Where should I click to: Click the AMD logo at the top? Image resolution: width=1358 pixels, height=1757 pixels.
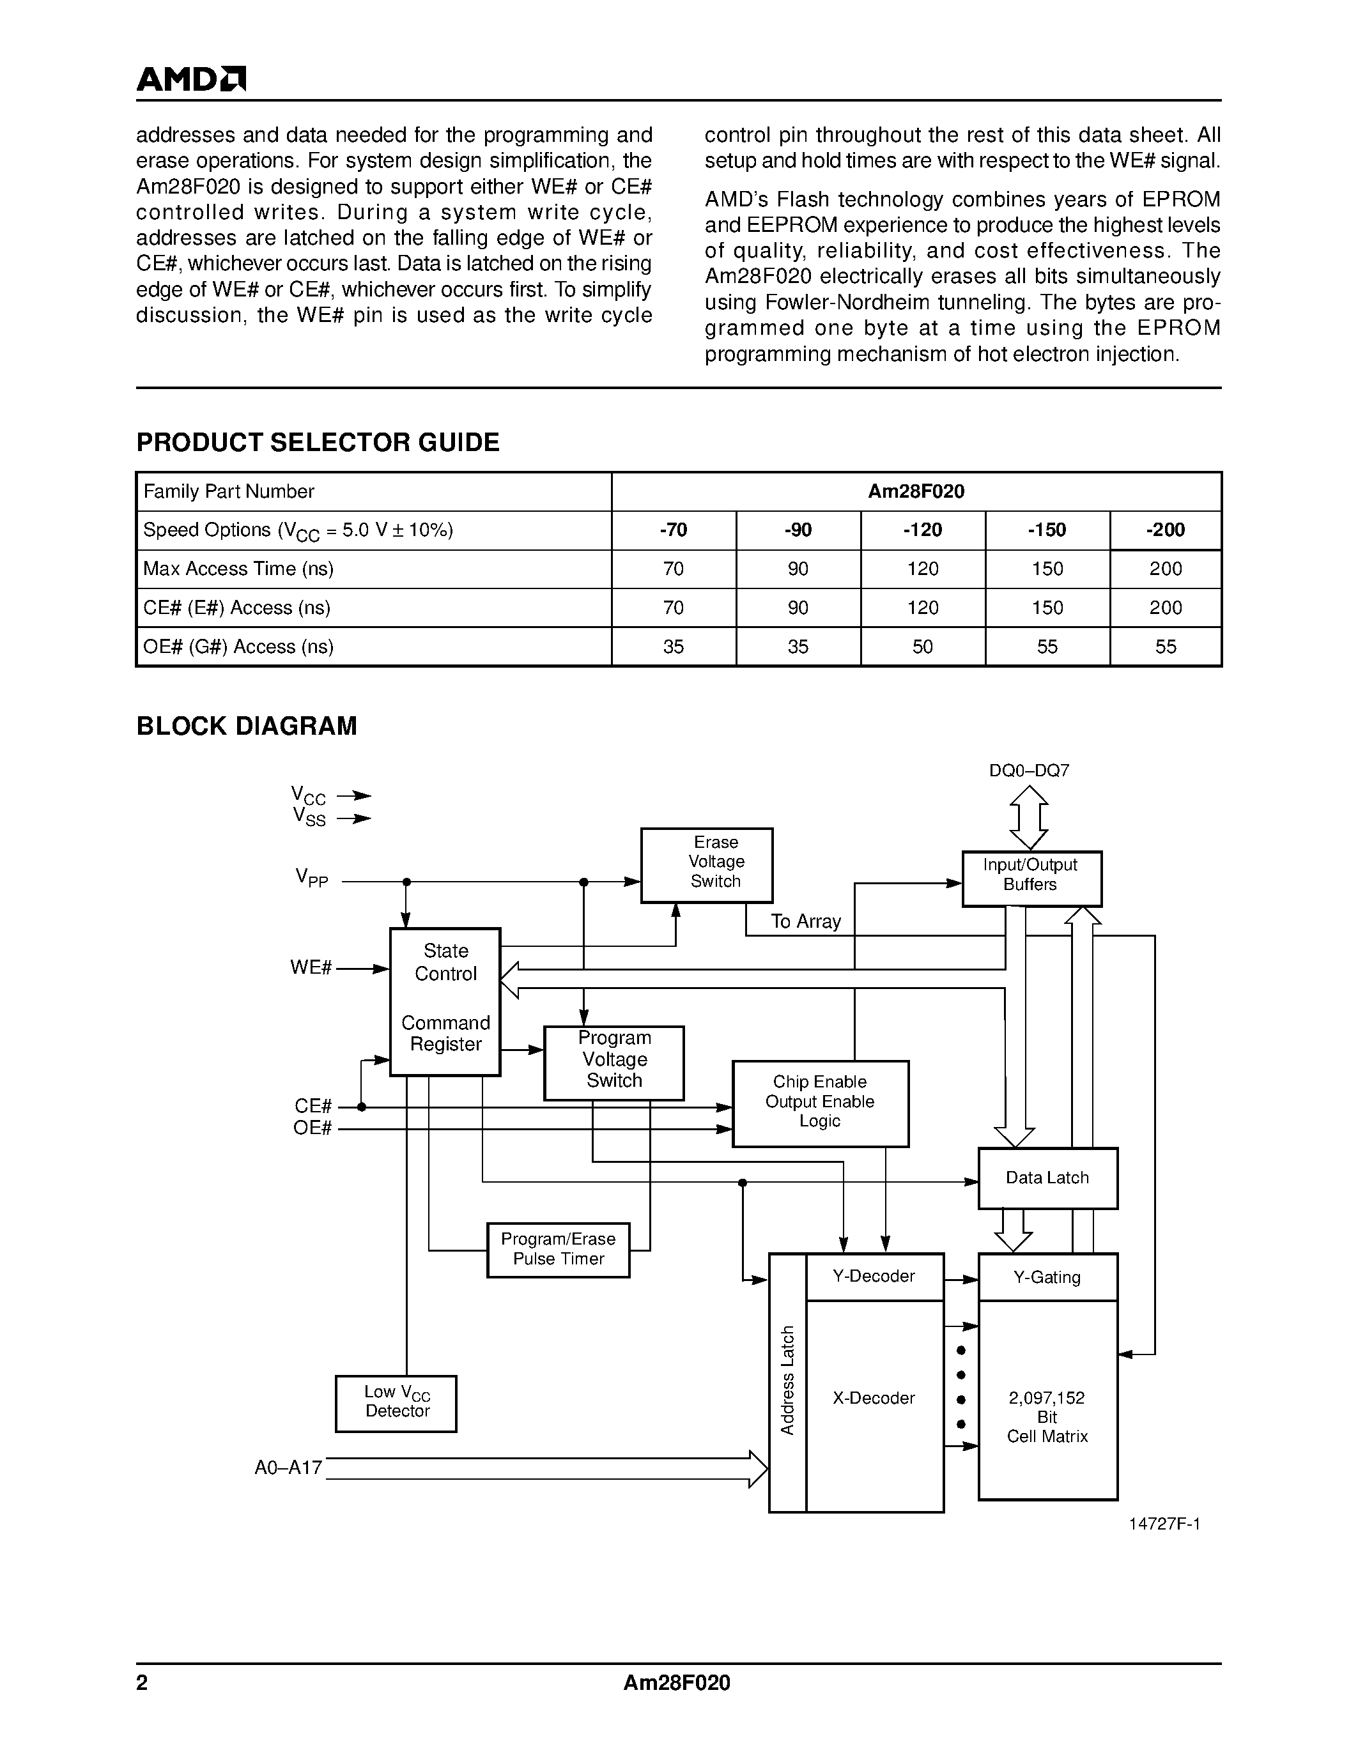pyautogui.click(x=190, y=79)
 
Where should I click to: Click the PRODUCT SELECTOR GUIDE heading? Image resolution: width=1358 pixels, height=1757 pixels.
pyautogui.click(x=318, y=443)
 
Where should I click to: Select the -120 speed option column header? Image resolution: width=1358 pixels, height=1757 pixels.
pyautogui.click(x=922, y=530)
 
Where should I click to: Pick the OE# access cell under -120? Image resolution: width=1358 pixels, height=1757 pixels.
pyautogui.click(x=922, y=647)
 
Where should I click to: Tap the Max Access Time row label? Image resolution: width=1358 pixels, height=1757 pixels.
pyautogui.click(x=238, y=569)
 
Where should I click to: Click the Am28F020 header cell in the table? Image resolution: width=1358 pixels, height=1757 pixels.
pyautogui.click(x=916, y=491)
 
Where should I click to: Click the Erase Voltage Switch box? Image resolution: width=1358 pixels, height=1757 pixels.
pyautogui.click(x=706, y=866)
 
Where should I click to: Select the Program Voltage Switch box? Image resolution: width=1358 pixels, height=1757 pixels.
pyautogui.click(x=614, y=1063)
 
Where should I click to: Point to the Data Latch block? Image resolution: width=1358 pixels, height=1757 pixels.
pyautogui.click(x=1047, y=1178)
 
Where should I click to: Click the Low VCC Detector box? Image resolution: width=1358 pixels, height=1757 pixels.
pyautogui.click(x=396, y=1404)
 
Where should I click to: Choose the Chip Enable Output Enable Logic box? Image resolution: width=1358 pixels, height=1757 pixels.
pyautogui.click(x=820, y=1103)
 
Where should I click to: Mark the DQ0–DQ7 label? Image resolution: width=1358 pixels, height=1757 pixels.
pyautogui.click(x=1029, y=771)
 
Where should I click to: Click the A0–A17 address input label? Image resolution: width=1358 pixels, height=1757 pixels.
pyautogui.click(x=288, y=1468)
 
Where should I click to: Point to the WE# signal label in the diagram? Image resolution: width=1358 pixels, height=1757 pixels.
pyautogui.click(x=311, y=968)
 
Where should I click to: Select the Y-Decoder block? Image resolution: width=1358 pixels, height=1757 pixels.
pyautogui.click(x=874, y=1277)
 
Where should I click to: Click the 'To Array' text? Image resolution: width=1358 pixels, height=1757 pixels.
pyautogui.click(x=805, y=922)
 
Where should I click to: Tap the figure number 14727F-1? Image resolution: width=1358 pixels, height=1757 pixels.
pyautogui.click(x=1164, y=1524)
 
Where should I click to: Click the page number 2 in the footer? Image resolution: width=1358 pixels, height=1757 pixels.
pyautogui.click(x=143, y=1683)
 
